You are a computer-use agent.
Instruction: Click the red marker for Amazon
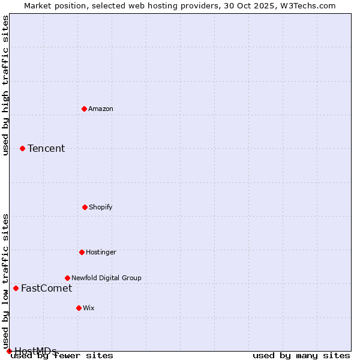point(84,109)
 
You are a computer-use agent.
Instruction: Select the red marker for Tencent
point(22,148)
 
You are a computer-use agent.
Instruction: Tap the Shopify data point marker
point(85,207)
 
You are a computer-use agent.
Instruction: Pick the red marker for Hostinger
point(82,252)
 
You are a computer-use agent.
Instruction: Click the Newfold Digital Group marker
point(67,278)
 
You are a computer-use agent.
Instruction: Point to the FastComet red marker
point(16,288)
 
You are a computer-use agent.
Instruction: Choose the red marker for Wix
point(79,308)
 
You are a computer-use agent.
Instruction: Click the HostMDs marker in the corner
point(9,351)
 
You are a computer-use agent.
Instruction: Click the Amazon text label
point(101,109)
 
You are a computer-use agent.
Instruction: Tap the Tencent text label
point(46,148)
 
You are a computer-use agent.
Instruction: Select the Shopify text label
point(101,207)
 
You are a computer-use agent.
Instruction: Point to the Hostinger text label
point(101,252)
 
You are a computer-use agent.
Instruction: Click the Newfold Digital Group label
point(106,278)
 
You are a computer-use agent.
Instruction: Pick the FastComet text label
point(46,288)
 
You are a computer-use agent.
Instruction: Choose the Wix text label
point(89,308)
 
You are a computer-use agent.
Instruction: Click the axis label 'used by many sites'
point(301,356)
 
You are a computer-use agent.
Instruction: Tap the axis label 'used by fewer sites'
point(62,356)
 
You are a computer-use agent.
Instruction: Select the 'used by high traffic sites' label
point(5,85)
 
